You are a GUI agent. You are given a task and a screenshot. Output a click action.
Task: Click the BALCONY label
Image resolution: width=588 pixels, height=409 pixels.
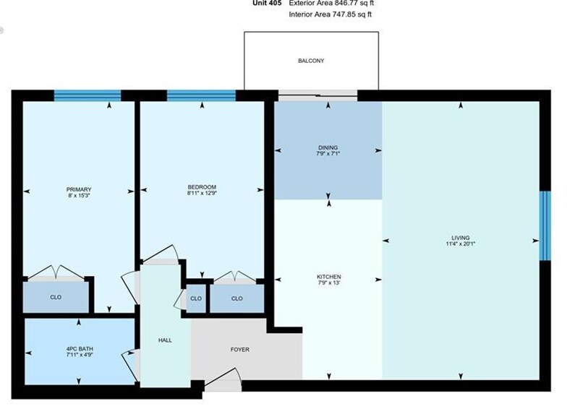point(311,61)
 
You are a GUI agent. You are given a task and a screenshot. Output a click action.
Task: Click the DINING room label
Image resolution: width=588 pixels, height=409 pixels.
point(328,147)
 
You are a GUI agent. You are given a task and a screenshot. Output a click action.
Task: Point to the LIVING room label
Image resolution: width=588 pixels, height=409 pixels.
point(460,238)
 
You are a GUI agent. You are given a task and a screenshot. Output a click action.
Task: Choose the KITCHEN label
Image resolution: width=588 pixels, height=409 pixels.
point(328,277)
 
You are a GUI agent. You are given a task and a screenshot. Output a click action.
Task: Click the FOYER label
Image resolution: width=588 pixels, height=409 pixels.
point(240,350)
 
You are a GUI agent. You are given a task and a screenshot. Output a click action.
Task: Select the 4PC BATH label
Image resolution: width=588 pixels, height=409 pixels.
point(79,350)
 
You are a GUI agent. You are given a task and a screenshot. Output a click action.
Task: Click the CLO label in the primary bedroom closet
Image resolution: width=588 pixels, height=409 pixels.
point(56,297)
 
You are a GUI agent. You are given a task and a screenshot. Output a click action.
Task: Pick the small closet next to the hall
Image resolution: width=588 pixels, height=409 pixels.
point(196,298)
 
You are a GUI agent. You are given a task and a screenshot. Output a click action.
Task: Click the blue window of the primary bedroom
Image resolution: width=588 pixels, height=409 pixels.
point(88,95)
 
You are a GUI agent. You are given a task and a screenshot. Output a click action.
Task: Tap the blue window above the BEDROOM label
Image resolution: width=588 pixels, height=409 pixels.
point(201,95)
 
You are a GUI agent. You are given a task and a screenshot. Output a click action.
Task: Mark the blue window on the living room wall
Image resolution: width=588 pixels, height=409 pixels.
point(545,225)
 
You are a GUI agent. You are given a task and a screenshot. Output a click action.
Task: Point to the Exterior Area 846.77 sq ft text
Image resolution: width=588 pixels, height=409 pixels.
point(332,4)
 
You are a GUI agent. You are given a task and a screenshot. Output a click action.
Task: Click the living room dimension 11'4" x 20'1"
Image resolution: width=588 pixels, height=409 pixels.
point(460,244)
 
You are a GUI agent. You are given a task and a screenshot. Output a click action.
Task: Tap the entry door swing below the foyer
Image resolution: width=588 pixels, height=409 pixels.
point(223,381)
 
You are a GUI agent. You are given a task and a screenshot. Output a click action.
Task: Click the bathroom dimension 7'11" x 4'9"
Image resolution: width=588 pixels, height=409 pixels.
point(79,356)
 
